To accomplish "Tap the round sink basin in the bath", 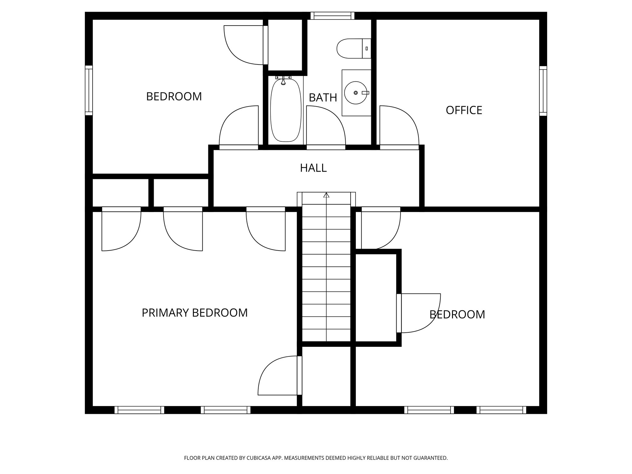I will (356, 93).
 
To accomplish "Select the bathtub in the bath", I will (285, 110).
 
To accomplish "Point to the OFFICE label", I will (464, 110).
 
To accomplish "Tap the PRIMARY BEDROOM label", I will (194, 313).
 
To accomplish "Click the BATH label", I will (323, 98).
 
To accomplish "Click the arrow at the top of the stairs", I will (326, 195).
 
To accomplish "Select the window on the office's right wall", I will (543, 91).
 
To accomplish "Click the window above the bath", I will (332, 16).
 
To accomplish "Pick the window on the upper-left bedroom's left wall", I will (89, 90).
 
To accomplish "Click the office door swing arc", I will (401, 123).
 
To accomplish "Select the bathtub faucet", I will (283, 81).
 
